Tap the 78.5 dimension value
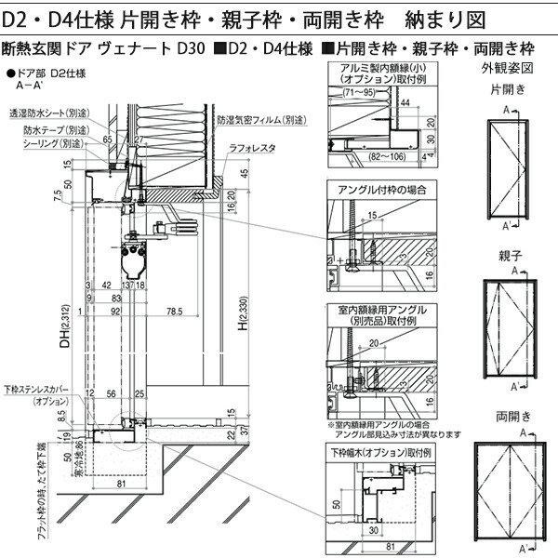click(168, 312)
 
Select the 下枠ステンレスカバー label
click(38, 392)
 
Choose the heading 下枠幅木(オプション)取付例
click(381, 452)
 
